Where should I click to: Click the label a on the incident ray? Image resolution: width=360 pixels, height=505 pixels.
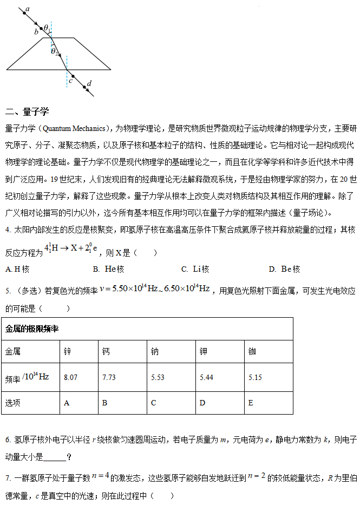[28, 10]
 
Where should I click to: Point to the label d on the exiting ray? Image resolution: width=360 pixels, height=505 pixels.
[89, 83]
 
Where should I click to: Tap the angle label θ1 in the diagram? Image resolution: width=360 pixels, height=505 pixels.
[47, 28]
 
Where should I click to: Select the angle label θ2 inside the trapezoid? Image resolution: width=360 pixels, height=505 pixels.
[55, 51]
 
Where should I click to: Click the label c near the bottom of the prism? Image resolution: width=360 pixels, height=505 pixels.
[71, 81]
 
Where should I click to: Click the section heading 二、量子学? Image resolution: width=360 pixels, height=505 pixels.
[27, 112]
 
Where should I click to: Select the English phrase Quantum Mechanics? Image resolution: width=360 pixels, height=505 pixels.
[74, 128]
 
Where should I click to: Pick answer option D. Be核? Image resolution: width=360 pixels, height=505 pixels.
[284, 269]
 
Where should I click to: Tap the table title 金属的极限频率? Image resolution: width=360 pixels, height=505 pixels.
[32, 329]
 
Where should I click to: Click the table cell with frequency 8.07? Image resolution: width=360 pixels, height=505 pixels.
[70, 377]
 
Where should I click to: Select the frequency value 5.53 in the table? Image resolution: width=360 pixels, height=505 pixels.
[158, 377]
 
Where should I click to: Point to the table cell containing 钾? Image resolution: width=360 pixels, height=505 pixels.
[204, 352]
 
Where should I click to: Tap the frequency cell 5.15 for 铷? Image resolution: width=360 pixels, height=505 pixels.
[255, 377]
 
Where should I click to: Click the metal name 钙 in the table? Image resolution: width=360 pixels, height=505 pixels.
[106, 352]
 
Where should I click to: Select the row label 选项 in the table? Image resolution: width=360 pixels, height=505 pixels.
[13, 403]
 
